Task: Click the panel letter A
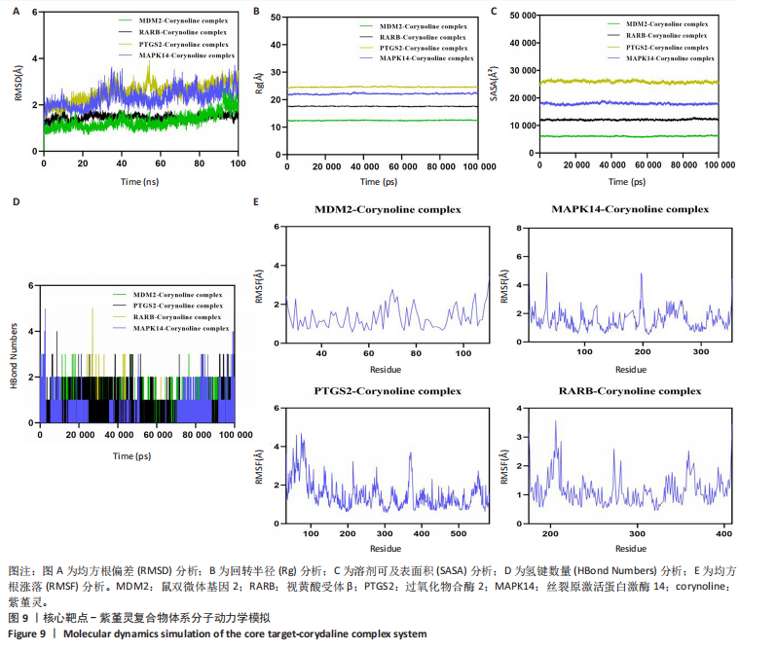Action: (x=14, y=13)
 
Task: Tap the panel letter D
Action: (x=14, y=201)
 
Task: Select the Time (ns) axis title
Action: (x=139, y=182)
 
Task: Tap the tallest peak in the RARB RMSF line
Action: (x=555, y=421)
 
